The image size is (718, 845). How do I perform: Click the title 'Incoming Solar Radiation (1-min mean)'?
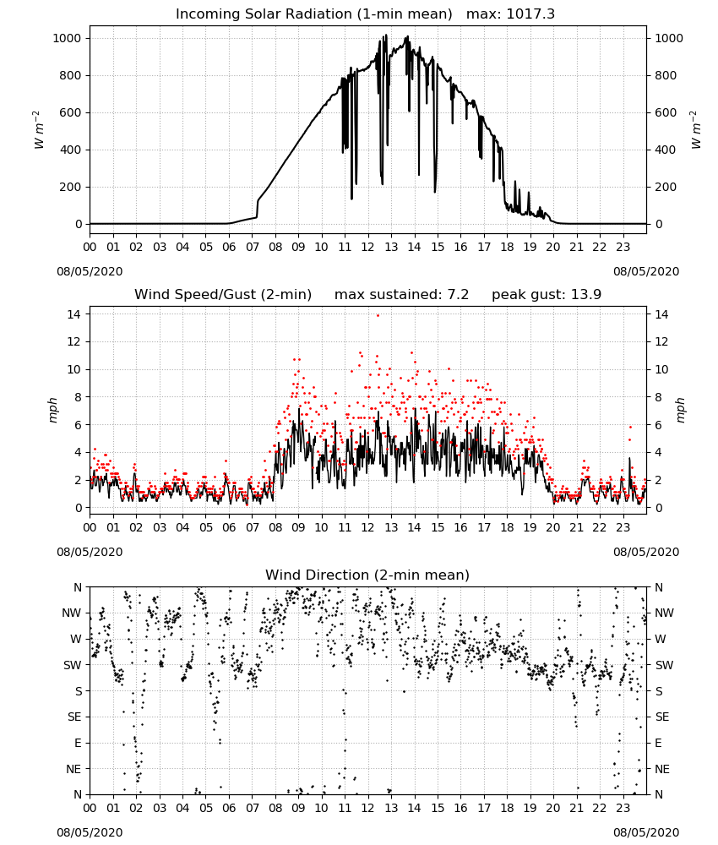click(314, 14)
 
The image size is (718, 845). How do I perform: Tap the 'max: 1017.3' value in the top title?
click(511, 14)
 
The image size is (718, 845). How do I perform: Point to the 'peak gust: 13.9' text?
click(547, 295)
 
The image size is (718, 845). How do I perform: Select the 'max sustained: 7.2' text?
click(402, 295)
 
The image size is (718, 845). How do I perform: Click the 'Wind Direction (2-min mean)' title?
click(367, 575)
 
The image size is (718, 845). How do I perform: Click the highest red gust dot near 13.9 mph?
click(378, 316)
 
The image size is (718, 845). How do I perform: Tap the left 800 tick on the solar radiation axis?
click(70, 75)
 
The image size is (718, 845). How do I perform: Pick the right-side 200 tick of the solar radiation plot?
click(666, 187)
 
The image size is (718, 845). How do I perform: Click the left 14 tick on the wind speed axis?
click(74, 313)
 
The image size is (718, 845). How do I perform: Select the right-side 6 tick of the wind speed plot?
click(658, 425)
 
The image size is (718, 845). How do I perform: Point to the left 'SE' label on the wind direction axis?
click(74, 717)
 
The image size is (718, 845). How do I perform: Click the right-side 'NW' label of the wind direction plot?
click(664, 613)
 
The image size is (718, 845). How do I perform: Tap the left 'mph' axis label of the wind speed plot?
click(52, 410)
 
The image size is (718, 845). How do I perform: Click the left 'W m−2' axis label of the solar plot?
click(38, 130)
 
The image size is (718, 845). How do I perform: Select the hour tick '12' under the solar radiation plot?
click(367, 248)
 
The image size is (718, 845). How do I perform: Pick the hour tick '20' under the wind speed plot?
click(553, 527)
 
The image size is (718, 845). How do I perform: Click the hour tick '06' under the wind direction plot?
click(229, 809)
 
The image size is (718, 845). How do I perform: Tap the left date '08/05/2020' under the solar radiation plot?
click(90, 271)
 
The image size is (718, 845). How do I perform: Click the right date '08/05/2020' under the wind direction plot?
click(646, 832)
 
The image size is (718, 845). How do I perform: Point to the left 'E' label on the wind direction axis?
click(78, 743)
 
